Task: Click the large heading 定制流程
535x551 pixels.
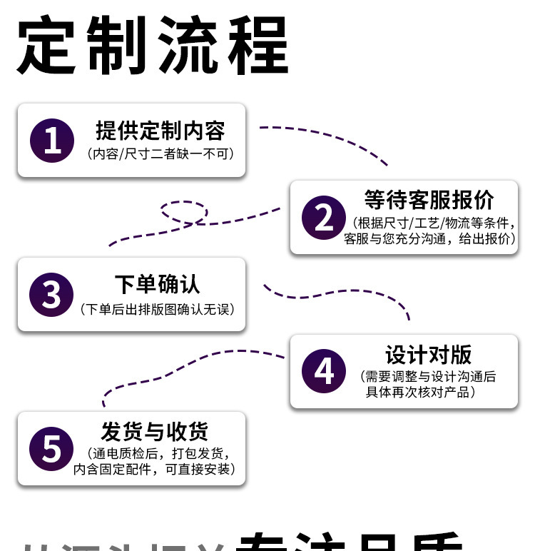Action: tap(152, 46)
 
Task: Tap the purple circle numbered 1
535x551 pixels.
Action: tap(52, 139)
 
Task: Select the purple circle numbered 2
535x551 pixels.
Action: tap(324, 216)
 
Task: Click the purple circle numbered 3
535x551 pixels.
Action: tap(52, 293)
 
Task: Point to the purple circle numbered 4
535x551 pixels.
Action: tap(324, 370)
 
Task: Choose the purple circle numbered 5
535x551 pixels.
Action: tap(52, 448)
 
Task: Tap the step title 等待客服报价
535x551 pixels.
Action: tap(428, 199)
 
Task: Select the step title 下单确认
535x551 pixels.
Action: tap(157, 284)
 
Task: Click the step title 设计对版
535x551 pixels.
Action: tap(428, 355)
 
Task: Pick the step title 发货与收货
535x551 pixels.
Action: tap(155, 432)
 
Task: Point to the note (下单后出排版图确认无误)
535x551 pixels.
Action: tap(157, 309)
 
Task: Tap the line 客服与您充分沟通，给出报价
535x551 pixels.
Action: tap(429, 239)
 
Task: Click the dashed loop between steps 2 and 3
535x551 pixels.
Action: tap(184, 211)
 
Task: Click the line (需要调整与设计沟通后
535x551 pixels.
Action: tap(428, 377)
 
